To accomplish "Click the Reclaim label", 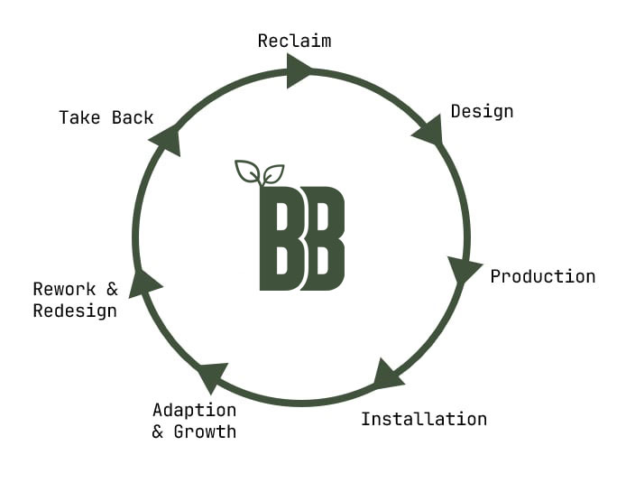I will [x=294, y=41].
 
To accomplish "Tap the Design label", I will [x=482, y=112].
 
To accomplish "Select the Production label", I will [x=542, y=276].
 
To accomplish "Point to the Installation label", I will [x=423, y=419].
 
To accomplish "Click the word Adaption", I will [x=194, y=410].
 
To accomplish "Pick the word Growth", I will [x=205, y=432].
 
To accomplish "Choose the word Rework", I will [x=63, y=289].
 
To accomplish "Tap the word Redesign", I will [x=75, y=311].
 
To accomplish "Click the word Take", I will [x=78, y=117].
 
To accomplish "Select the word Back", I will [x=133, y=117].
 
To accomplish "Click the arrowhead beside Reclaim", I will [x=299, y=70].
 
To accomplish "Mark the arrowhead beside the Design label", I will [x=428, y=132].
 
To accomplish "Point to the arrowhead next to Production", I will [x=463, y=269].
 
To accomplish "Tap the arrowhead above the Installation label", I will [x=387, y=374].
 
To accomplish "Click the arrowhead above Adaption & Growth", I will [x=213, y=375].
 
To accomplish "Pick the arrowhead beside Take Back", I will [x=166, y=138].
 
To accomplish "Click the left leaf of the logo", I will [x=247, y=172].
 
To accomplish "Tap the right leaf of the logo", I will [x=273, y=172].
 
